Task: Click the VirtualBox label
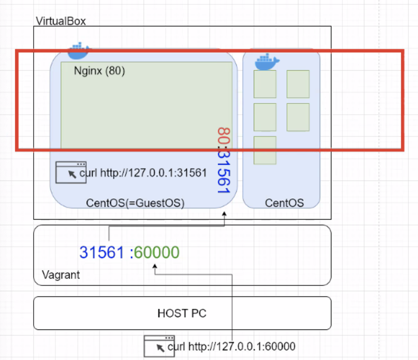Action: pyautogui.click(x=60, y=21)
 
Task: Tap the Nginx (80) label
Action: pyautogui.click(x=99, y=71)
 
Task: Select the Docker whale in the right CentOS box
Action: pyautogui.click(x=267, y=62)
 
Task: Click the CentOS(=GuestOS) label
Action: pyautogui.click(x=135, y=203)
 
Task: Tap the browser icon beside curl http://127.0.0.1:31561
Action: pyautogui.click(x=71, y=173)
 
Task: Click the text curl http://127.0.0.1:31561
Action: pyautogui.click(x=143, y=173)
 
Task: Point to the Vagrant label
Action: pyautogui.click(x=61, y=275)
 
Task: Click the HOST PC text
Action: pyautogui.click(x=182, y=313)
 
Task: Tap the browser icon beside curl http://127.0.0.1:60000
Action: pyautogui.click(x=159, y=346)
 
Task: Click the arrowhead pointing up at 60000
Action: pyautogui.click(x=155, y=267)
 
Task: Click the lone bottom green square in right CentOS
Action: pyautogui.click(x=265, y=150)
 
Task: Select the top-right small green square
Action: pyautogui.click(x=298, y=84)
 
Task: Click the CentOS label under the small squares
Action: pyautogui.click(x=284, y=203)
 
